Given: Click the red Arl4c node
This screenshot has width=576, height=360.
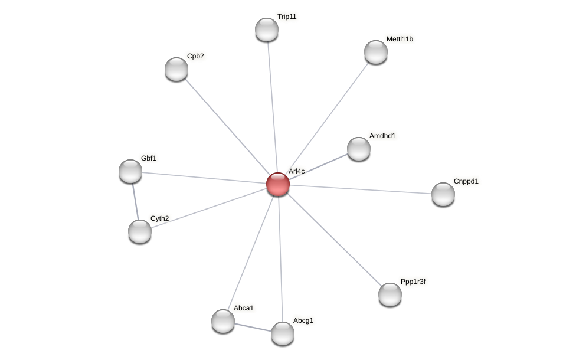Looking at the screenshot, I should (278, 184).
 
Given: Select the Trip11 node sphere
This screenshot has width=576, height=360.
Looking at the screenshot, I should (267, 30).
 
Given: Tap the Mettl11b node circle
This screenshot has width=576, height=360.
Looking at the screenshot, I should (376, 52).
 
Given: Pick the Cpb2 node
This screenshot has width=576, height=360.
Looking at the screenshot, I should (176, 69).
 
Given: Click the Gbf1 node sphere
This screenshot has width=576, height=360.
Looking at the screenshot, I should (130, 171).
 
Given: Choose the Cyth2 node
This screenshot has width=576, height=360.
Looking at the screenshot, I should (140, 231).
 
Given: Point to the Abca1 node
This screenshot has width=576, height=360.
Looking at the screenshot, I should (223, 321).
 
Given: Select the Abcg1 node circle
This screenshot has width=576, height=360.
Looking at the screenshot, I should (283, 333).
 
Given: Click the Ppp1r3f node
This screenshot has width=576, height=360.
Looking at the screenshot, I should (390, 294).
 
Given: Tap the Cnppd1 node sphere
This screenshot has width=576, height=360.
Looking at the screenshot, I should (443, 194).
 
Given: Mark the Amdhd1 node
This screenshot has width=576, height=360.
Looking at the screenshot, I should (359, 149).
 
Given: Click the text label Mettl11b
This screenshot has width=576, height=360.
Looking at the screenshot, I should (400, 39).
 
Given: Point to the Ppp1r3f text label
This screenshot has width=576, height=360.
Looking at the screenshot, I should (413, 282).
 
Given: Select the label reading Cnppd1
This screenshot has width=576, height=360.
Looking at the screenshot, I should (466, 181).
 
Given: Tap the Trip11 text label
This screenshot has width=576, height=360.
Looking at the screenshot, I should (287, 17).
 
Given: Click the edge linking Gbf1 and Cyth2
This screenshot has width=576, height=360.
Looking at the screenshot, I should (135, 201).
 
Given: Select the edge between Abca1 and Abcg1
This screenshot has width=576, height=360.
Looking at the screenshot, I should (253, 327).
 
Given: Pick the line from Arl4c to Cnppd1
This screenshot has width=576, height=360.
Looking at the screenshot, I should (361, 189).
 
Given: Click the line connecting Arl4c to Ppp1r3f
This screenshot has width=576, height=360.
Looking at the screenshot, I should (334, 239).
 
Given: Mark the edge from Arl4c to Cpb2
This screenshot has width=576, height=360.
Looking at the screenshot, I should (227, 126).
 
